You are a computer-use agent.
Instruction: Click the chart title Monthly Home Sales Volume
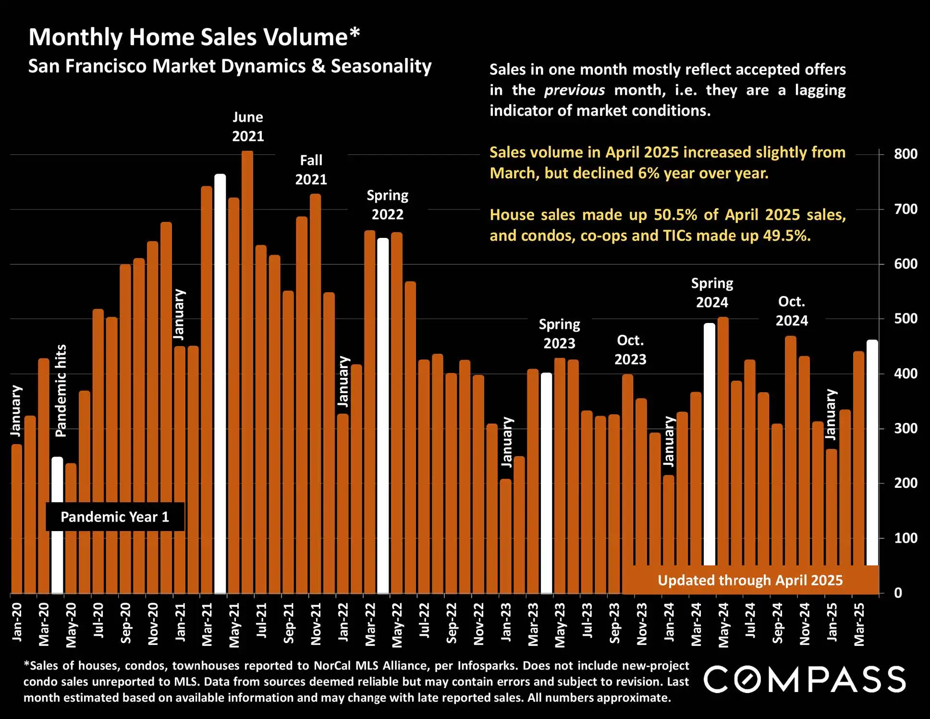coord(194,37)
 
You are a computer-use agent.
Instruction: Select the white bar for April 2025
coord(872,452)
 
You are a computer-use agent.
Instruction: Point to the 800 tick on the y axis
coord(906,154)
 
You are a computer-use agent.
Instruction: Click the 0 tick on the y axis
coord(898,593)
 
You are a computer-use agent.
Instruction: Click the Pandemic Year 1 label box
coord(115,517)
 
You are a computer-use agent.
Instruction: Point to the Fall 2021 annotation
coord(311,170)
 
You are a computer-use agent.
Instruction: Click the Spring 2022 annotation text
coord(387,205)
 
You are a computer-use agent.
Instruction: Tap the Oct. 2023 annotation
coord(630,350)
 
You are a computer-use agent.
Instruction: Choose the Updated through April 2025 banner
coord(750,580)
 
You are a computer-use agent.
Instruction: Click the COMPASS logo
coord(805,679)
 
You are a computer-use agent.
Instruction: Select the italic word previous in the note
coord(574,90)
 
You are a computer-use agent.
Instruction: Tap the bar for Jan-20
coord(16,519)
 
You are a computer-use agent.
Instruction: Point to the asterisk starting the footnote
coord(26,665)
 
